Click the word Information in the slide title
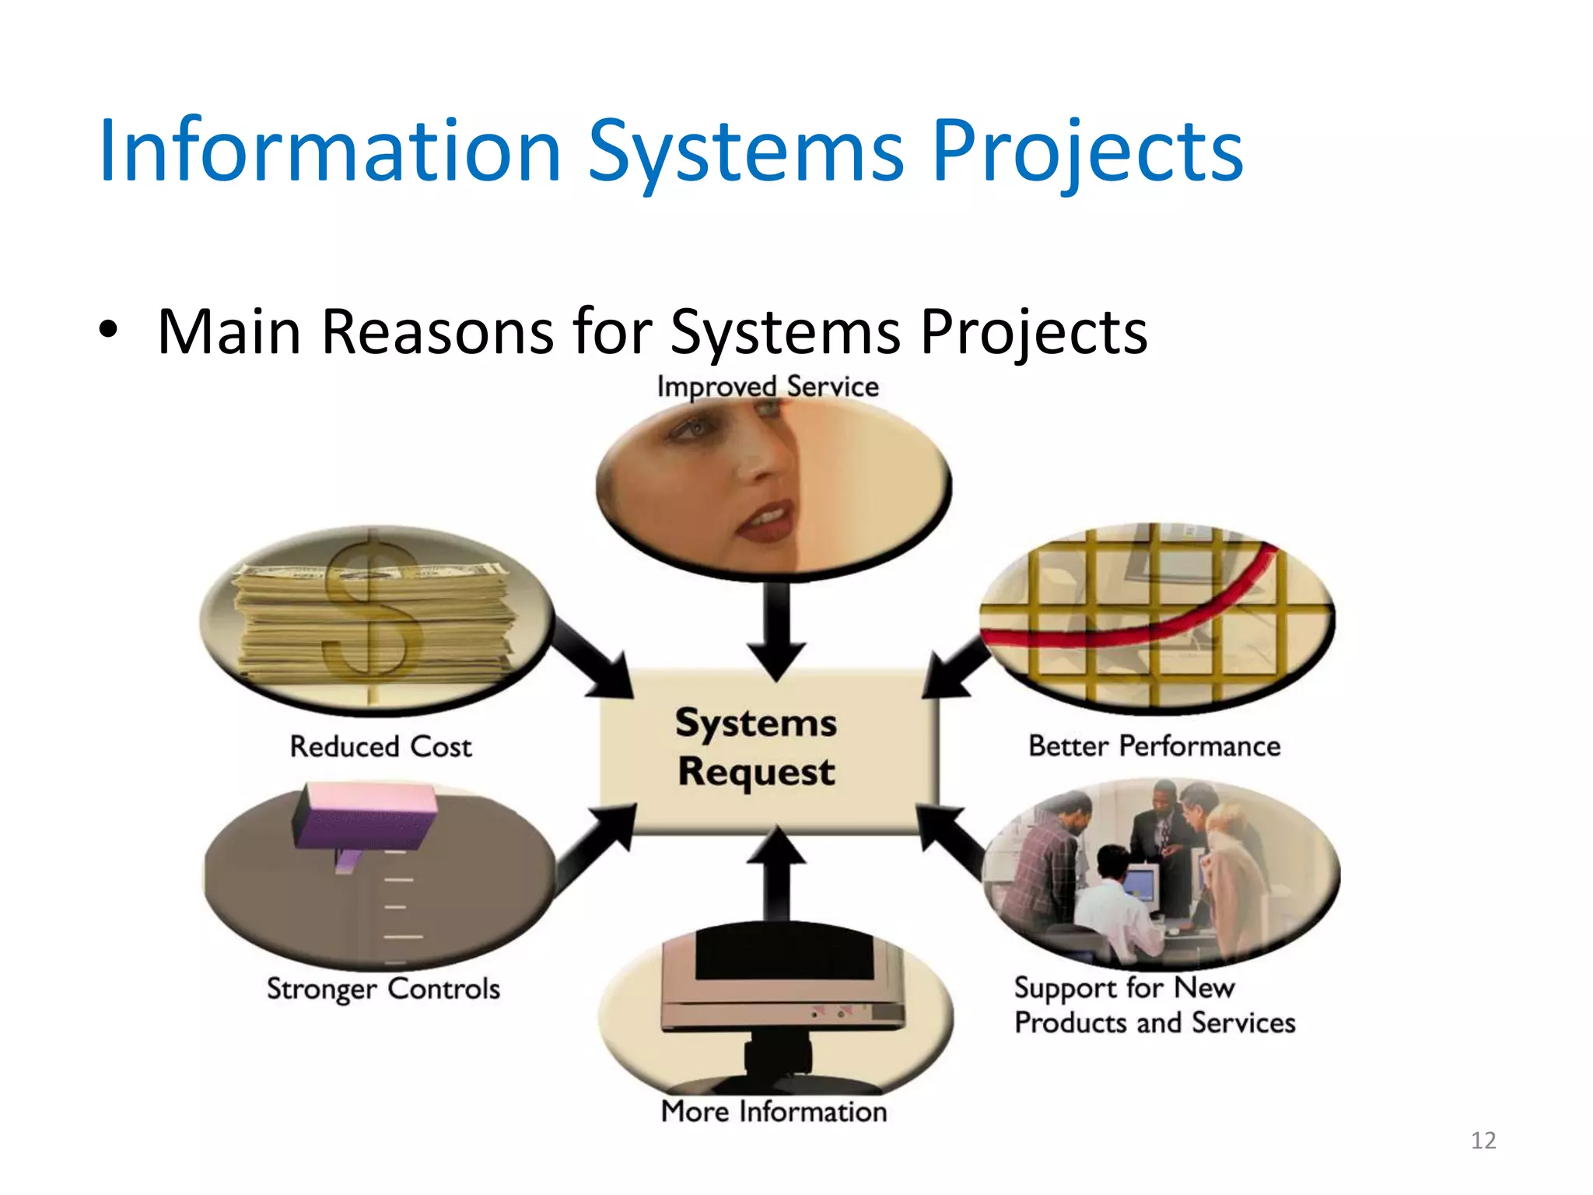pos(330,151)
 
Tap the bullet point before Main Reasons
pos(108,330)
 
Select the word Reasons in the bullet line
pos(438,332)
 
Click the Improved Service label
pos(768,387)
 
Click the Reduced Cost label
pos(380,747)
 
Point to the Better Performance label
pos(1154,746)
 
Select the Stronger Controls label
pos(383,989)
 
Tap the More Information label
pos(774,1112)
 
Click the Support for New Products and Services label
pos(1154,1005)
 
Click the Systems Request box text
pos(756,748)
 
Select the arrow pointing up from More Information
pos(776,871)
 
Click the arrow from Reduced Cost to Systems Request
pos(595,657)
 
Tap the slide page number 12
pos(1483,1141)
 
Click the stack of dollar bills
pos(373,622)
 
